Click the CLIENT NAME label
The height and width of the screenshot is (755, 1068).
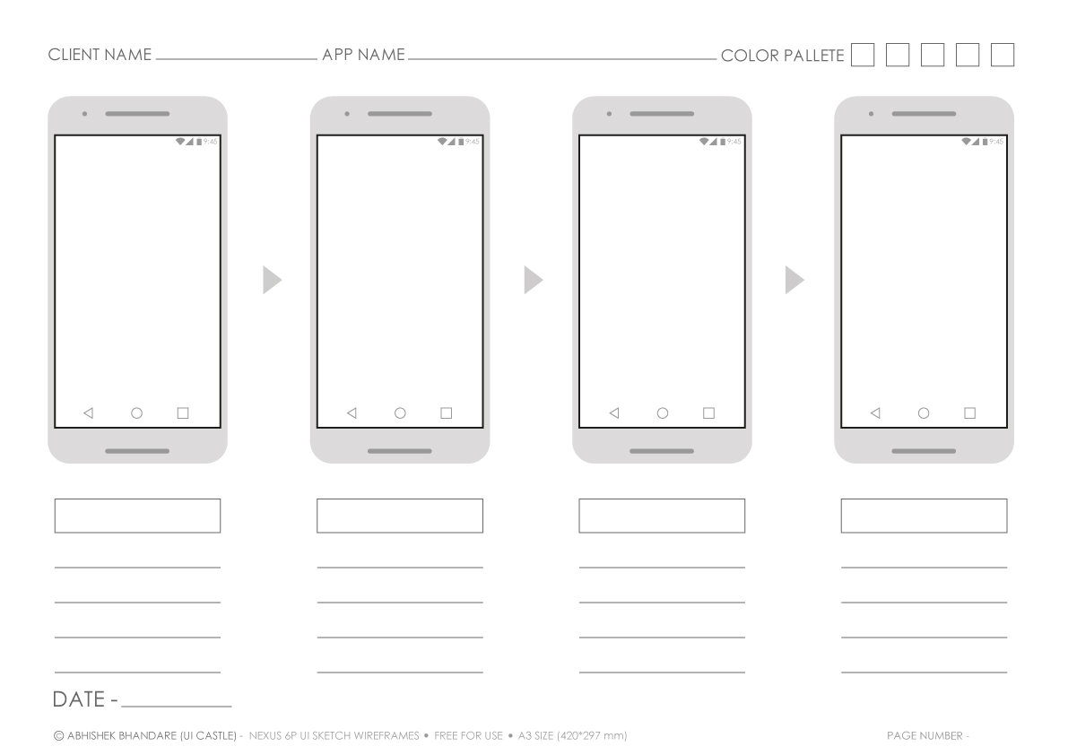tap(100, 55)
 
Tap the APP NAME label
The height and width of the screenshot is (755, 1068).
tap(363, 55)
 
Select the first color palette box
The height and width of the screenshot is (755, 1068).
tap(863, 55)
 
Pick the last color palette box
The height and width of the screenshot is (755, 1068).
tap(1002, 55)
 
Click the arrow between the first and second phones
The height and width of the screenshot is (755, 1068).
tap(272, 280)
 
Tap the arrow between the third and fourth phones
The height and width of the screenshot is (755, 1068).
tap(794, 280)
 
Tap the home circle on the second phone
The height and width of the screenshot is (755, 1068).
tap(400, 413)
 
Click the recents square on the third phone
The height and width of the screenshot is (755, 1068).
tap(708, 413)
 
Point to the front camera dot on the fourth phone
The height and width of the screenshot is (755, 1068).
tap(871, 114)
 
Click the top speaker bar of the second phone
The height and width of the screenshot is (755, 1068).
tap(400, 114)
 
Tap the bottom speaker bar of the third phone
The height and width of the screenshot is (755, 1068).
tap(662, 451)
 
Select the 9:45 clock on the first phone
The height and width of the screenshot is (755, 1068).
tap(211, 142)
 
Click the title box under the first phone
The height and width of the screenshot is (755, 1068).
tap(137, 516)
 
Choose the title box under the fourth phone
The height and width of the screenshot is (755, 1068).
tap(924, 516)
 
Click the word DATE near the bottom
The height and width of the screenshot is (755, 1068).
tap(78, 699)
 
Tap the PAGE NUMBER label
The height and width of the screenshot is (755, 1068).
tap(925, 735)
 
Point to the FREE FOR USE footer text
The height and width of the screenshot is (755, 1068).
tap(468, 735)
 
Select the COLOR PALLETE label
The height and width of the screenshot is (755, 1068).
tap(782, 55)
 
